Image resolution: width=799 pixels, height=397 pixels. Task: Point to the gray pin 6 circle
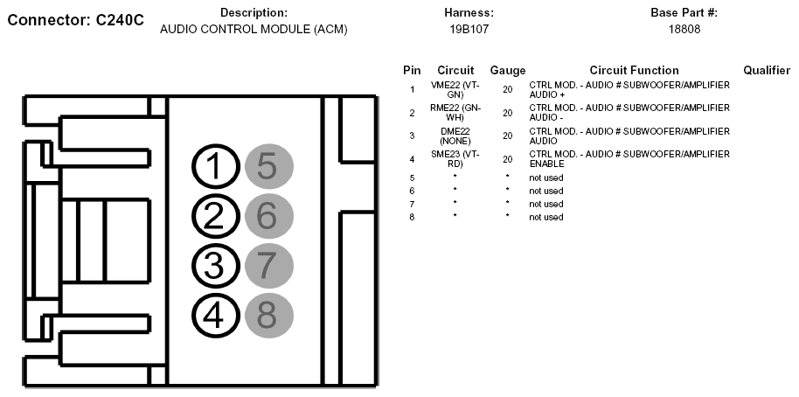click(268, 216)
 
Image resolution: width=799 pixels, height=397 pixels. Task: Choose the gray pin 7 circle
click(268, 265)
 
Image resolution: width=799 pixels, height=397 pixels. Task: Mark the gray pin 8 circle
click(268, 315)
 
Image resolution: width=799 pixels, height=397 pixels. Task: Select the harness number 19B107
click(469, 29)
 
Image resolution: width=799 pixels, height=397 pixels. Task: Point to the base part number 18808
click(684, 29)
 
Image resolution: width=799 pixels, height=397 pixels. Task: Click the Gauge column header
click(508, 70)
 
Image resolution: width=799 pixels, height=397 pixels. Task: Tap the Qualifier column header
click(767, 70)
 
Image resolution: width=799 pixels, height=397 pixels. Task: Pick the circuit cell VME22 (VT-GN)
click(455, 89)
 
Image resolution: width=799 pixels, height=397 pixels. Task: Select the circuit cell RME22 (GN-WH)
click(455, 112)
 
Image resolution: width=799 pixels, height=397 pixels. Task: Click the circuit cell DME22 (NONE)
click(455, 136)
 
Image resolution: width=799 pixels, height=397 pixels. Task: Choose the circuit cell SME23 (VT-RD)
click(455, 158)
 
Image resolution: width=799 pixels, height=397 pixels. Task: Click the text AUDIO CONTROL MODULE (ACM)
click(254, 29)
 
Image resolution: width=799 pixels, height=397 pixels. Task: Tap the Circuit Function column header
click(634, 70)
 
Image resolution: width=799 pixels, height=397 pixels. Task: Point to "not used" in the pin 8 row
click(546, 217)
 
